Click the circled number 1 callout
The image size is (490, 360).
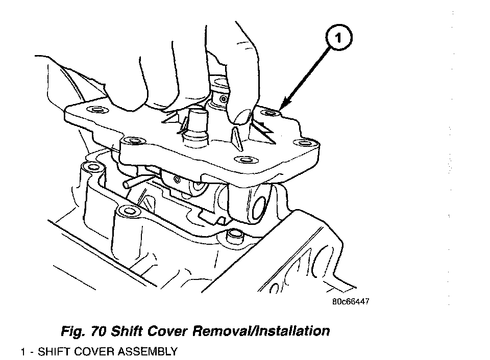click(339, 38)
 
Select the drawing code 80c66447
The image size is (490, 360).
click(350, 301)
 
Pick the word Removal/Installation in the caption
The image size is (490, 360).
click(261, 330)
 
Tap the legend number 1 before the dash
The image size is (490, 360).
click(23, 352)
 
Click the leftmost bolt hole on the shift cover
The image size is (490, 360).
click(97, 110)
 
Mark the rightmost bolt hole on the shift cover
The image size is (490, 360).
click(303, 143)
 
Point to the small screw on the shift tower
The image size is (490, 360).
click(223, 99)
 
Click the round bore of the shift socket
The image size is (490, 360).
click(259, 208)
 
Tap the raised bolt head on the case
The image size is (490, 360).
click(234, 237)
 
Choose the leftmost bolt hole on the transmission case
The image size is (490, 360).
click(92, 167)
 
